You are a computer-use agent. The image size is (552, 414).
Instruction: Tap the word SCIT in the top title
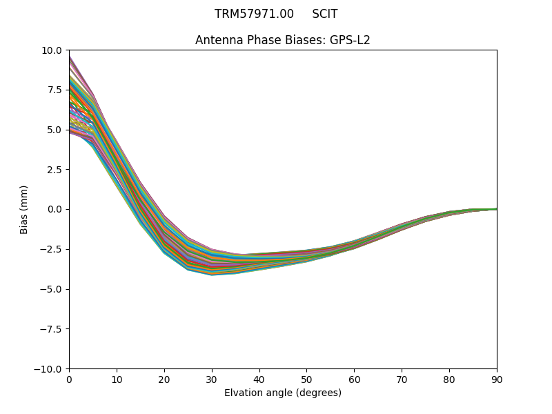pos(324,14)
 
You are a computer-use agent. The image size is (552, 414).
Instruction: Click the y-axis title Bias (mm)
pos(24,209)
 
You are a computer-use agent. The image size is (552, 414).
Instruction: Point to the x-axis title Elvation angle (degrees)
pos(283,393)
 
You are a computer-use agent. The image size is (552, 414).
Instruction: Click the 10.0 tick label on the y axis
pos(52,50)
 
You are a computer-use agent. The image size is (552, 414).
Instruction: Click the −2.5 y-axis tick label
pos(51,249)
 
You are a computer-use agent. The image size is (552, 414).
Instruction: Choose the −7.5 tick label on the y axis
pos(51,329)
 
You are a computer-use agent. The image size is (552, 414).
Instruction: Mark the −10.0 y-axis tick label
pos(49,368)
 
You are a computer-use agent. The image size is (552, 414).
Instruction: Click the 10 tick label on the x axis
pos(117,379)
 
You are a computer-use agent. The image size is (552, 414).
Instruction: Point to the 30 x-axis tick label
pos(212,379)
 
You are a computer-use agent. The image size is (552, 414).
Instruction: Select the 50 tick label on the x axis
pos(306,379)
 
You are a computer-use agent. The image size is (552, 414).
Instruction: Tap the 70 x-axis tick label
pos(402,379)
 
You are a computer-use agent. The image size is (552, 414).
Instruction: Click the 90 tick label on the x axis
pos(497,379)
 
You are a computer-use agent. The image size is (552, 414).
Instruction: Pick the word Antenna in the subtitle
pos(217,40)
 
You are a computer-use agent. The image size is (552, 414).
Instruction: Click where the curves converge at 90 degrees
pos(496,209)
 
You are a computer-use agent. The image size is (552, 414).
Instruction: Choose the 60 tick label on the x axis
pos(354,379)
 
